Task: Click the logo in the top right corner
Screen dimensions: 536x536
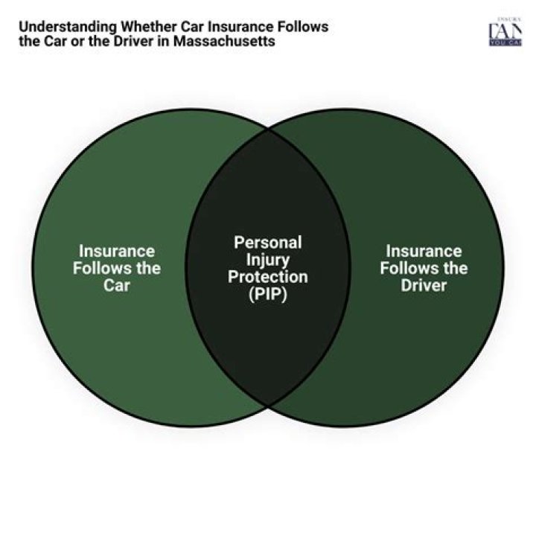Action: tap(504, 33)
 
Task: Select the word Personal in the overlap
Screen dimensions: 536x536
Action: tap(268, 243)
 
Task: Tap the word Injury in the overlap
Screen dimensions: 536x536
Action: tap(268, 260)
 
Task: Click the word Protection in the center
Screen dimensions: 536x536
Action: tap(268, 277)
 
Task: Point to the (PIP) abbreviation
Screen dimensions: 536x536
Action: tap(268, 294)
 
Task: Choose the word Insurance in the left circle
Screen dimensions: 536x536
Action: tap(117, 251)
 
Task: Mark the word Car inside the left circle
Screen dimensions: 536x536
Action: tap(117, 285)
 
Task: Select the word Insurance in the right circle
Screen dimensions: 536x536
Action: tap(424, 251)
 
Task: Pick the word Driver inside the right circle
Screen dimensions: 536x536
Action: tap(424, 285)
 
